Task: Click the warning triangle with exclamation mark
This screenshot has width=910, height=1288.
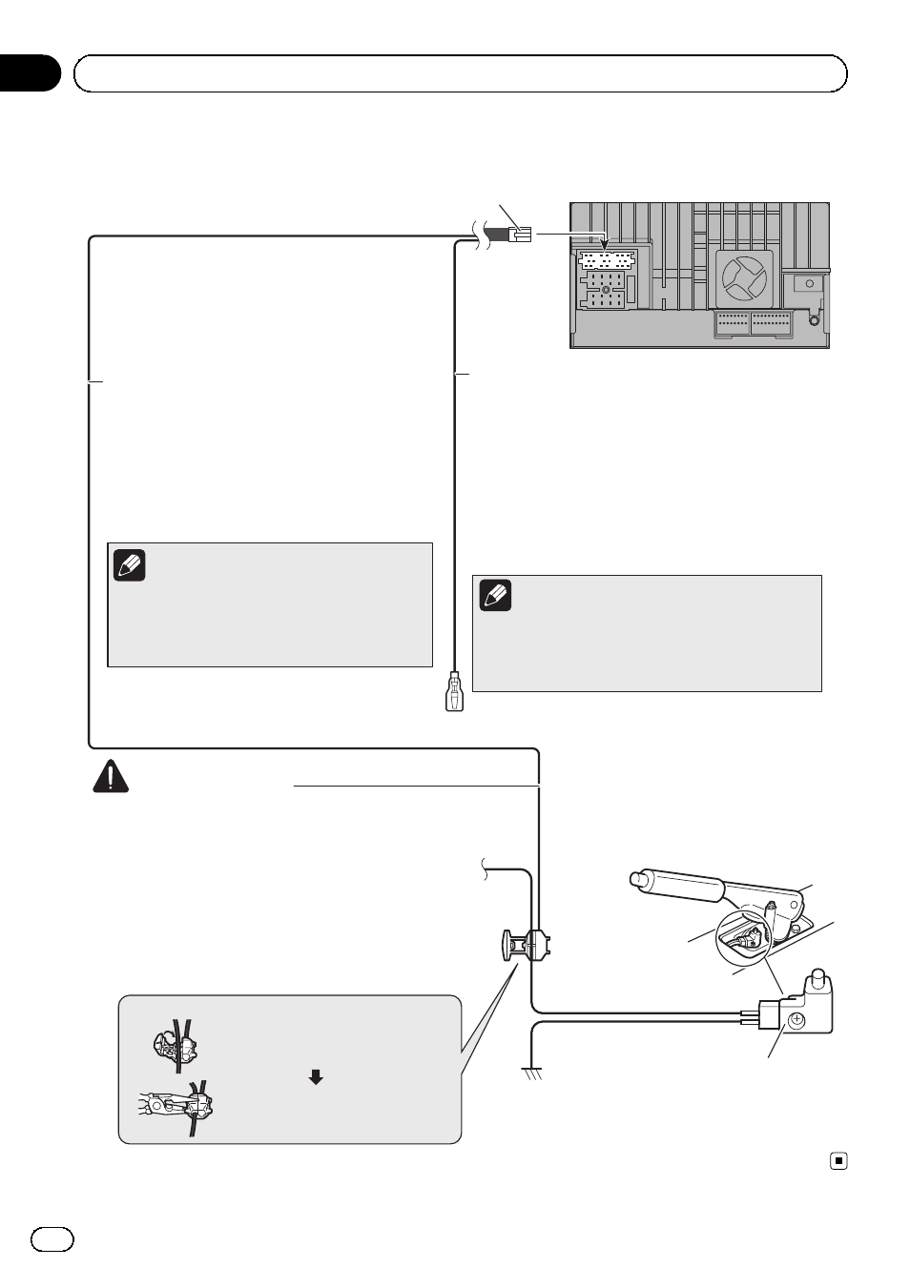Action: click(x=111, y=776)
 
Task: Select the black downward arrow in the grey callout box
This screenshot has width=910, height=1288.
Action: click(x=316, y=1077)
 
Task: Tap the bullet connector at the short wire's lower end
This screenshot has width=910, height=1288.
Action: click(x=454, y=694)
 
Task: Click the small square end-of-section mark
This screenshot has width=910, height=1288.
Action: click(x=838, y=1161)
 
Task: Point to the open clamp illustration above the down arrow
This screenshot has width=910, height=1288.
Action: click(x=176, y=1045)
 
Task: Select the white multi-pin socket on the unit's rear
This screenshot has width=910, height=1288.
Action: click(x=606, y=260)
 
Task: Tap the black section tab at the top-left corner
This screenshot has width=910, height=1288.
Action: click(x=29, y=73)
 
